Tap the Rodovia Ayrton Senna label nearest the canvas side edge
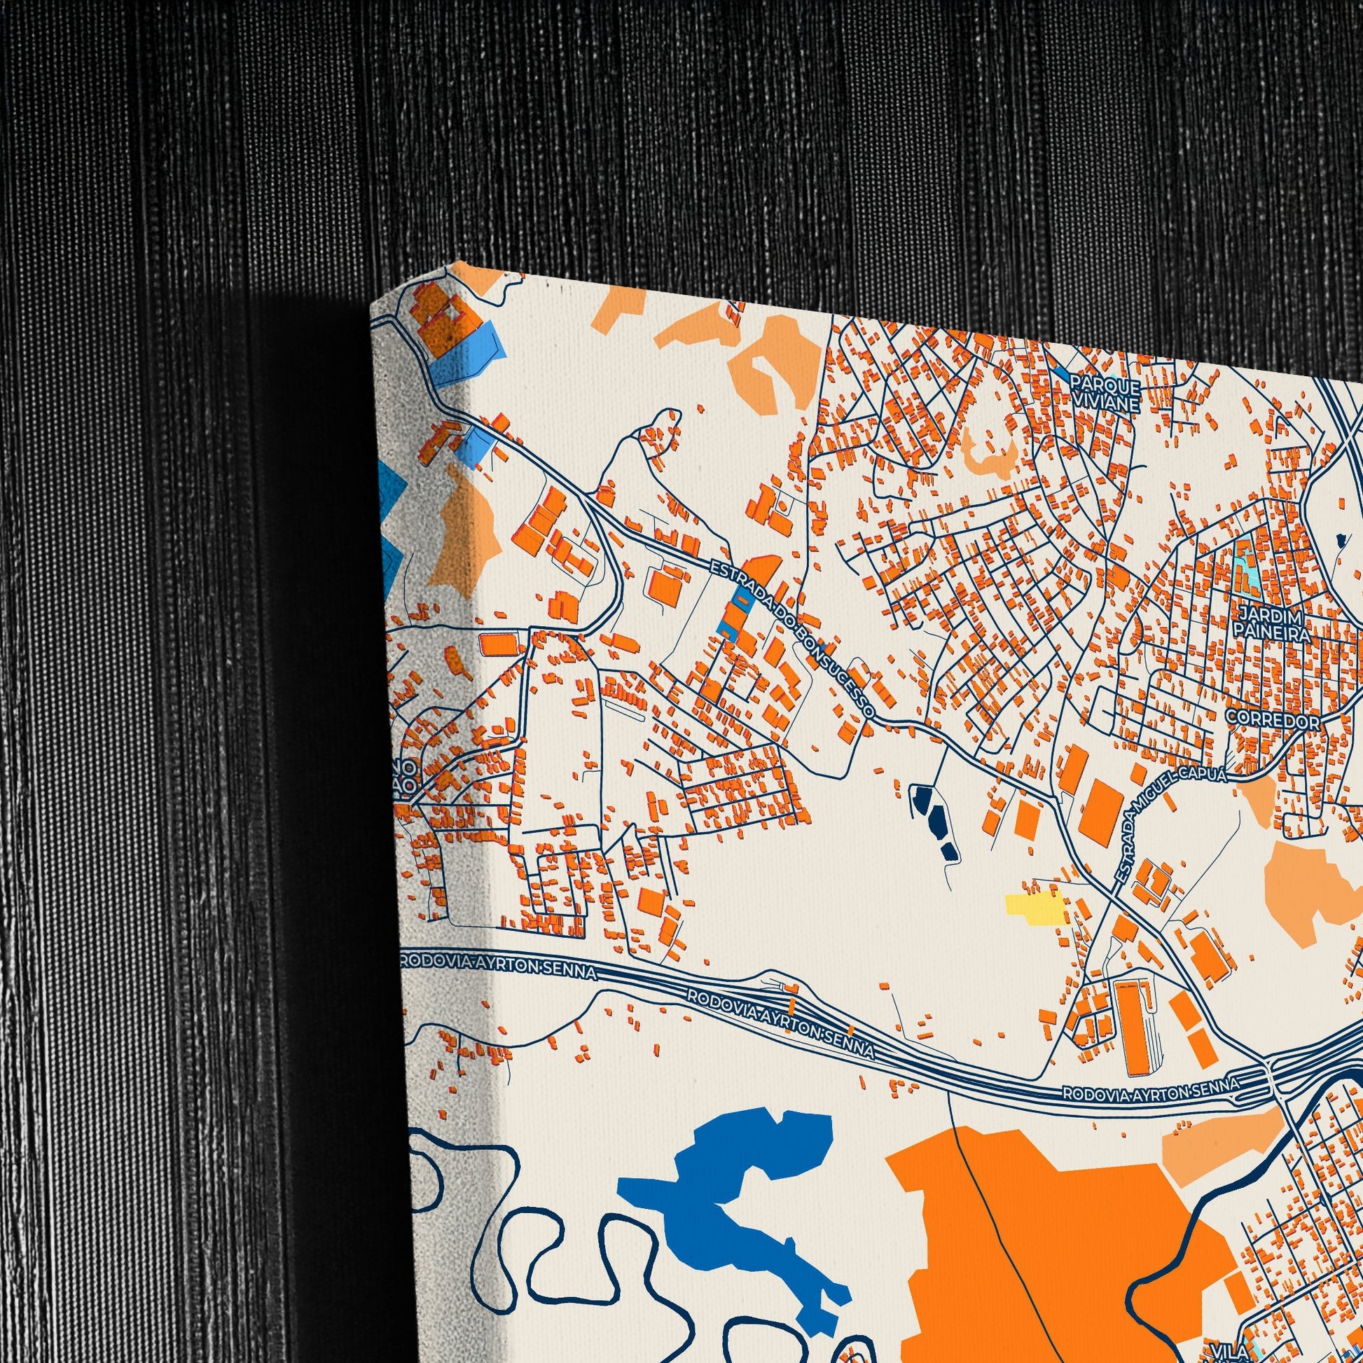498,967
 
